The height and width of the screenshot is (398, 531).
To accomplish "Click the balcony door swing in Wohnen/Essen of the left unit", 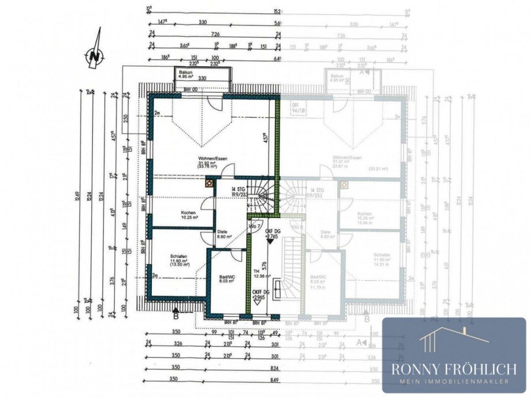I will point(215,104).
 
